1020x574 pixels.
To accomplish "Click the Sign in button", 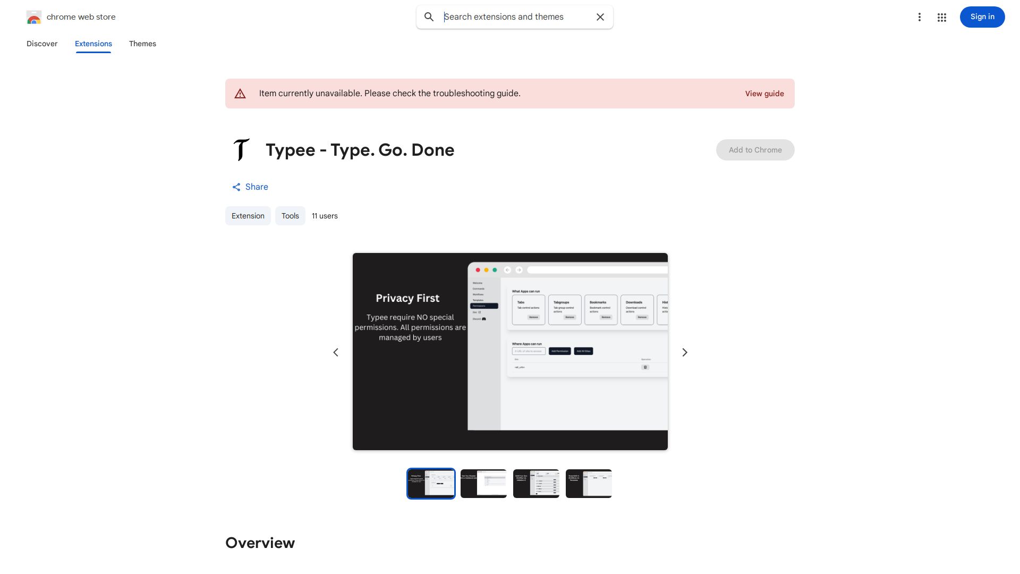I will tap(982, 17).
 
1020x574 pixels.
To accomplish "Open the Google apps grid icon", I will tap(942, 18).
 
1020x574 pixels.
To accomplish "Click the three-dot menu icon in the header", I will tap(919, 18).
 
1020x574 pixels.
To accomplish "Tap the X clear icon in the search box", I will tap(600, 17).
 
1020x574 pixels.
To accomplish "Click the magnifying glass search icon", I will tap(429, 17).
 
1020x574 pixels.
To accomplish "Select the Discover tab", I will tap(42, 44).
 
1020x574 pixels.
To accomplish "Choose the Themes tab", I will tap(142, 44).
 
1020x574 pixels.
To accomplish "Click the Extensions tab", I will tap(93, 44).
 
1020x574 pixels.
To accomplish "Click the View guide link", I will tap(764, 94).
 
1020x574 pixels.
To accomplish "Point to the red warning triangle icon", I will tap(240, 94).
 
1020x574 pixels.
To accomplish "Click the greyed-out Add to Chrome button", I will tap(755, 150).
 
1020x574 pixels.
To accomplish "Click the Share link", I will tap(250, 187).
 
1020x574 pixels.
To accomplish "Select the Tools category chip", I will tap(290, 216).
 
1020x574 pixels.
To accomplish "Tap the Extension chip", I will tap(248, 216).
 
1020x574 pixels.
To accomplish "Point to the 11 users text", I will tap(325, 216).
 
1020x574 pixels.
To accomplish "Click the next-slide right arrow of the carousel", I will tap(685, 352).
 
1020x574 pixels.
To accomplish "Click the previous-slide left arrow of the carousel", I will tap(336, 352).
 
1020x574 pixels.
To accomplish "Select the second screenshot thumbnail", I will tap(483, 484).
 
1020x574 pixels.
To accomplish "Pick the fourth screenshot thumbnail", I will tap(589, 484).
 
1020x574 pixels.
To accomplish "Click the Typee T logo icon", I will tap(241, 150).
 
